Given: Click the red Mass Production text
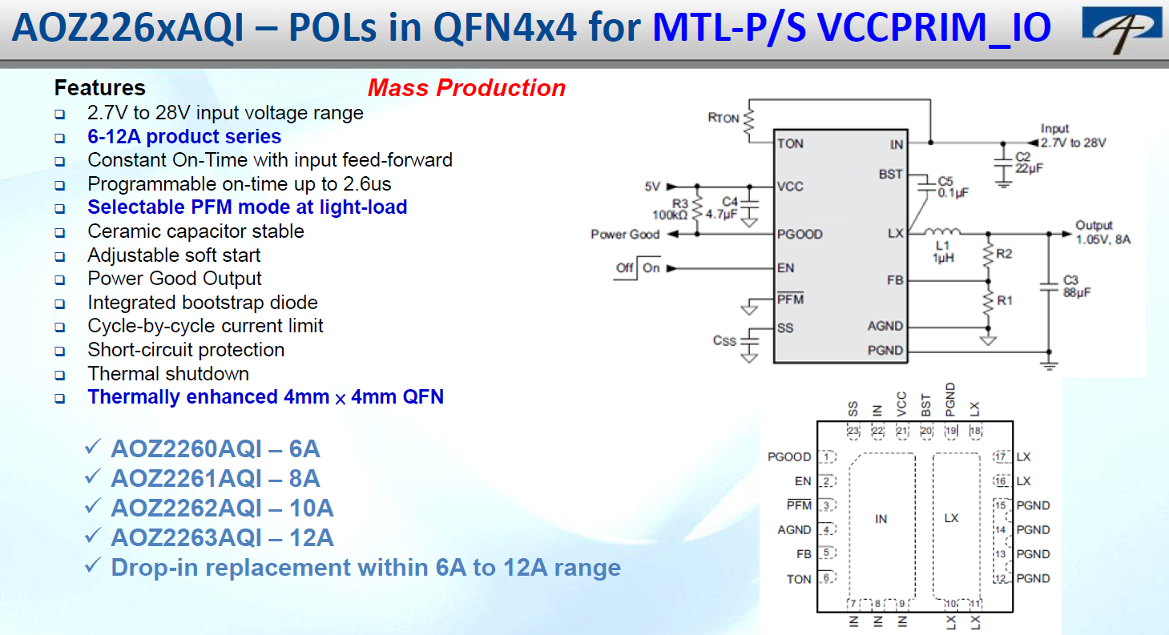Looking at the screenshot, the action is point(466,87).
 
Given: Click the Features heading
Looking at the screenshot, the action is point(99,87).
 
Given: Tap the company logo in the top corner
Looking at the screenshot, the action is point(1122,29).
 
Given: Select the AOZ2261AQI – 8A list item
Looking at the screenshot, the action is point(215,479).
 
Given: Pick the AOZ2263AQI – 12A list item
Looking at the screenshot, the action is point(222,537).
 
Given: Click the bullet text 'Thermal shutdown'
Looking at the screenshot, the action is point(168,374).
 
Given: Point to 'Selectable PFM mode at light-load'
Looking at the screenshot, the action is point(248,207).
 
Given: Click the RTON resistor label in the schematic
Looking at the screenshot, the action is point(724,118).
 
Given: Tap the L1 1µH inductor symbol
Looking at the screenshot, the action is point(942,231).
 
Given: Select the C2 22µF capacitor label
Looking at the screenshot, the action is point(1029,163).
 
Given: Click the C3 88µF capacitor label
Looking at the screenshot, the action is point(1077,286).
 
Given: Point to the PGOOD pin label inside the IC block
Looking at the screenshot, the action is point(800,235).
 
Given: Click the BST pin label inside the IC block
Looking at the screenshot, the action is point(890,175).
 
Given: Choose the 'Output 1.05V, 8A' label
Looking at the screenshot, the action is point(1102,232).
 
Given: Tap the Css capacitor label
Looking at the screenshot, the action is point(724,340).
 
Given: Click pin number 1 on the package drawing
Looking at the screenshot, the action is point(827,457).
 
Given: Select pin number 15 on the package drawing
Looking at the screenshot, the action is point(1000,505).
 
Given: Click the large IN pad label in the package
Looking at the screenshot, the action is point(881,519).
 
